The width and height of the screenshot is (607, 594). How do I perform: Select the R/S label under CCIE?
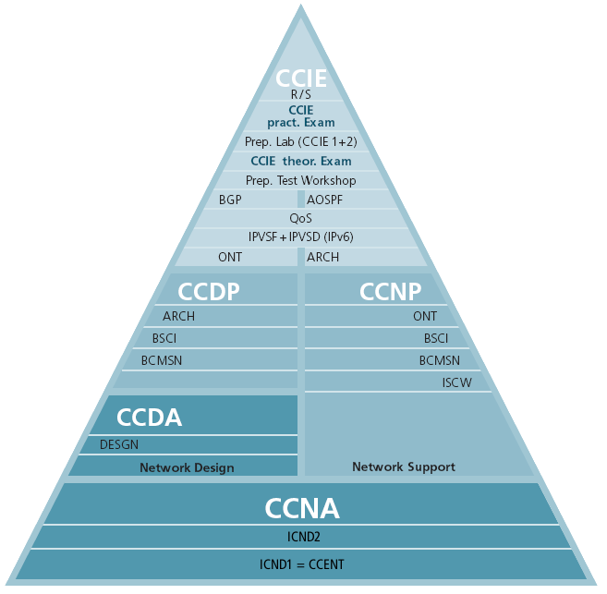click(x=301, y=94)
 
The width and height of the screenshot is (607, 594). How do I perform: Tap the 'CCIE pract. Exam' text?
click(x=301, y=116)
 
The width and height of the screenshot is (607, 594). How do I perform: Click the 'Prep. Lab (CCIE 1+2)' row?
click(x=301, y=142)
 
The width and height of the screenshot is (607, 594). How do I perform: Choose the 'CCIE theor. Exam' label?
click(x=301, y=161)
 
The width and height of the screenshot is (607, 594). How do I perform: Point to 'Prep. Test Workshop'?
click(x=301, y=180)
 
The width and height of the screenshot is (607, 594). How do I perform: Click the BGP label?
click(x=230, y=200)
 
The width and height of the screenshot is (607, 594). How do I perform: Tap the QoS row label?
click(x=301, y=219)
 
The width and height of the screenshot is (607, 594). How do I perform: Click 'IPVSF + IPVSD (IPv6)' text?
click(x=301, y=237)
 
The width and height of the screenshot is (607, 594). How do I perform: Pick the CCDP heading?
click(x=209, y=292)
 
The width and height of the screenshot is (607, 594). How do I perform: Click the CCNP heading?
click(x=390, y=292)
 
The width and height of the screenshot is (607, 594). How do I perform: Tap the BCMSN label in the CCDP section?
click(x=162, y=359)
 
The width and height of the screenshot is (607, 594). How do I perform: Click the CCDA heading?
click(x=149, y=418)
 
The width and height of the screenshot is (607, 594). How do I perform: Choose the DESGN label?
click(x=119, y=444)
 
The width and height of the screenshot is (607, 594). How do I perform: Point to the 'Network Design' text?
click(x=187, y=467)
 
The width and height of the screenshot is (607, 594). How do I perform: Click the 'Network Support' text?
click(x=404, y=467)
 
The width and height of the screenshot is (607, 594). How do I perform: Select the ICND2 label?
click(x=303, y=536)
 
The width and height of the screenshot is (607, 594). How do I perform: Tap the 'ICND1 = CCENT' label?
click(x=302, y=564)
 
